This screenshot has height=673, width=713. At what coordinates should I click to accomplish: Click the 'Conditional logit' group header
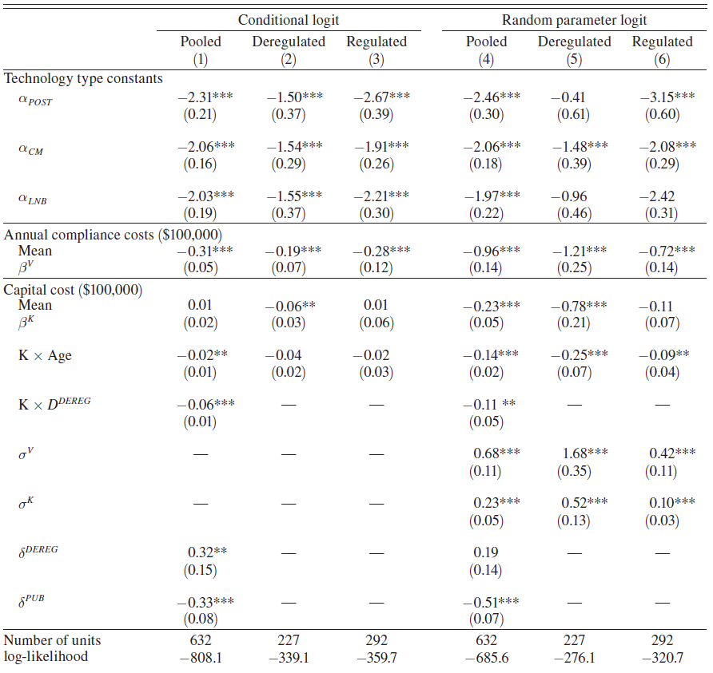(x=288, y=19)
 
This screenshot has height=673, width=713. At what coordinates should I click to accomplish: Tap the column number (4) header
(x=486, y=59)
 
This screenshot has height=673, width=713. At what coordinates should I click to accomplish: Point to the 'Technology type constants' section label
(x=84, y=78)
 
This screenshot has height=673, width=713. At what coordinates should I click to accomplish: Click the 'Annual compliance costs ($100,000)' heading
(x=114, y=234)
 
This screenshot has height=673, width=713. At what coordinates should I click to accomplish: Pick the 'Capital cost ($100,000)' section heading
(x=74, y=290)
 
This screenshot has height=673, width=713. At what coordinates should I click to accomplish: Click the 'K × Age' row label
(x=45, y=355)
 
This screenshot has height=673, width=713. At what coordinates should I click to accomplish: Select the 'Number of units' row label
(x=53, y=640)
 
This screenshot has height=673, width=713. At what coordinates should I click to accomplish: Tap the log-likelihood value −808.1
(x=201, y=657)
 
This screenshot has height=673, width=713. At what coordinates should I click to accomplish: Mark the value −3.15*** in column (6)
(x=667, y=97)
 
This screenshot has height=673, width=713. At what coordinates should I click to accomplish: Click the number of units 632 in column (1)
(x=201, y=640)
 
